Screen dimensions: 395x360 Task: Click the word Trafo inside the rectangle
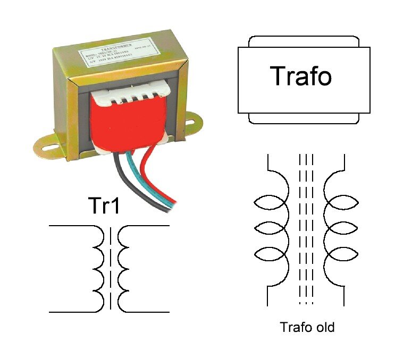click(301, 76)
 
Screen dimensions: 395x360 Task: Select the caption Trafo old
click(307, 327)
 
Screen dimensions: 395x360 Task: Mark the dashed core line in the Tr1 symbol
click(111, 268)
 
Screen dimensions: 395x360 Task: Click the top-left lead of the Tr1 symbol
click(71, 226)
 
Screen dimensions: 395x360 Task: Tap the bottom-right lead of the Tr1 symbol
click(146, 311)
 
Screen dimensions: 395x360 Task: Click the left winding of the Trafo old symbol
click(273, 228)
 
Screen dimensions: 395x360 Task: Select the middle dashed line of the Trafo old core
click(307, 228)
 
